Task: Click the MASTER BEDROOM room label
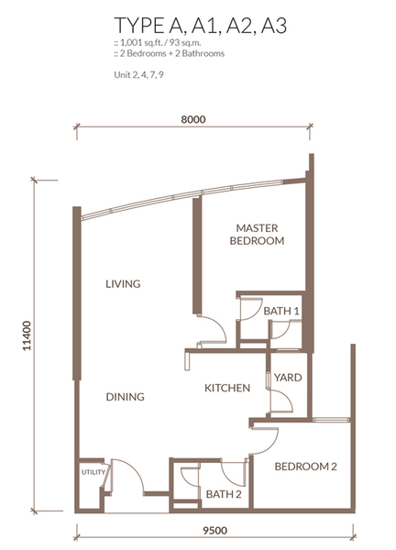pos(257,235)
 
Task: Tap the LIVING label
pos(123,284)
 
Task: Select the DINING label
pos(126,397)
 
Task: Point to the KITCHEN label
pos(227,388)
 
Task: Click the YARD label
pos(288,378)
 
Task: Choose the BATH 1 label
pos(281,311)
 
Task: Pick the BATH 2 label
pos(224,494)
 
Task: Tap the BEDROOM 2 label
pos(305,467)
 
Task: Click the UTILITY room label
pos(93,472)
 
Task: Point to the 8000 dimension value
pos(193,119)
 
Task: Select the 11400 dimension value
pos(27,335)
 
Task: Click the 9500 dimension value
pos(214,531)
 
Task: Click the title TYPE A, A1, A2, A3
pos(200,26)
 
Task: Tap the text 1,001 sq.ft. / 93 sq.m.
pos(158,43)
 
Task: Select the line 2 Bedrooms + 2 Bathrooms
pos(169,54)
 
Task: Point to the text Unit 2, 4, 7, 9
pos(138,75)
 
